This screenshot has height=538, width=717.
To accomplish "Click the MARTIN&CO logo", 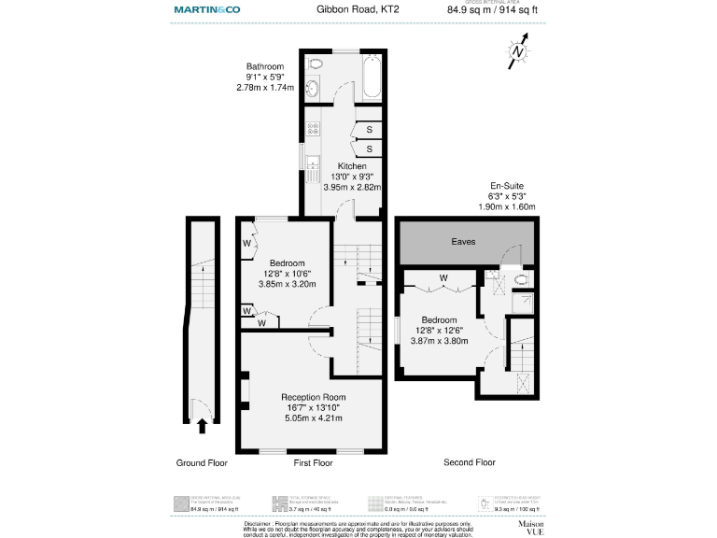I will pyautogui.click(x=208, y=9).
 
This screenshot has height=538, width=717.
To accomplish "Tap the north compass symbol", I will pyautogui.click(x=518, y=52).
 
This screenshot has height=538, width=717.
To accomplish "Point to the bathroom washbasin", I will pyautogui.click(x=312, y=90).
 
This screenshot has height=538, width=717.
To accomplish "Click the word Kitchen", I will pyautogui.click(x=340, y=166).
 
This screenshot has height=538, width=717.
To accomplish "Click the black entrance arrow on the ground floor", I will pyautogui.click(x=202, y=426).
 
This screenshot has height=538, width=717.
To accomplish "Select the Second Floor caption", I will pyautogui.click(x=470, y=462).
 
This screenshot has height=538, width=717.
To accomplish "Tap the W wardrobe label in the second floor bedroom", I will pyautogui.click(x=443, y=277).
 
